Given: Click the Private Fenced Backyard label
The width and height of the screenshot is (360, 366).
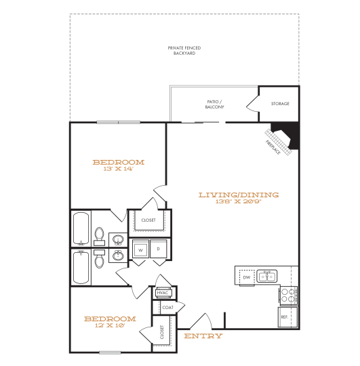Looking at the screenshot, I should point(184,50).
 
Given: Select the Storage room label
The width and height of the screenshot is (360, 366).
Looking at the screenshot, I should point(280,104).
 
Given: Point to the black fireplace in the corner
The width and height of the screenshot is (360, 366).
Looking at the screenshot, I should point(285,134).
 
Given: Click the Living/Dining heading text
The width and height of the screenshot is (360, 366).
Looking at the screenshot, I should point(238,195).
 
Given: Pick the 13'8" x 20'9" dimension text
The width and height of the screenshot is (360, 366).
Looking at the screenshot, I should point(238,202).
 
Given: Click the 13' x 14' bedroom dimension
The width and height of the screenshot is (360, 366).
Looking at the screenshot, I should point(118,169).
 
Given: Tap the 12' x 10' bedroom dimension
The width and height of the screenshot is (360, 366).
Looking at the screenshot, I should point(109,325).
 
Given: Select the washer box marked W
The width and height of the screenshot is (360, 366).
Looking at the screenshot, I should point(141,249).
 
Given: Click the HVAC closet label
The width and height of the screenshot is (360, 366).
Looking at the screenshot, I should point(163,293).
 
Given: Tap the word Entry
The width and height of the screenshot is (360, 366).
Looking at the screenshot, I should point(203,336).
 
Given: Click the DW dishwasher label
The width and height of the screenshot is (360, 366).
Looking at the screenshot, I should point(247,277).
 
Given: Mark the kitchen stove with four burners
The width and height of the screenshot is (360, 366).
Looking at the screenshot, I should point(287,295).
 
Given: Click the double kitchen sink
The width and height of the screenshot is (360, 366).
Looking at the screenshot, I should point(268,275).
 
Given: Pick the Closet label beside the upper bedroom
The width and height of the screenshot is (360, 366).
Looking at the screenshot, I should point(148,220).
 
